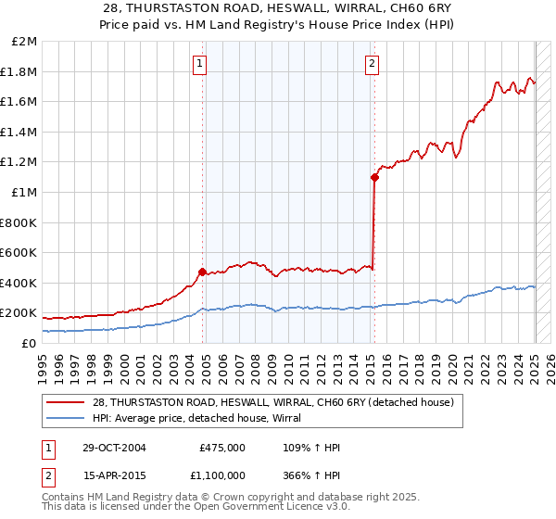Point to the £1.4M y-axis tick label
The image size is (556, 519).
(19, 132)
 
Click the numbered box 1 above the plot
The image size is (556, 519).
(200, 64)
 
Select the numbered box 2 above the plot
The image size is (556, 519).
(371, 64)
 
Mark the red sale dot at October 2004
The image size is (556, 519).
(202, 272)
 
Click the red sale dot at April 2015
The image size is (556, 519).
(374, 177)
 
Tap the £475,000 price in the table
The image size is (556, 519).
(222, 448)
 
